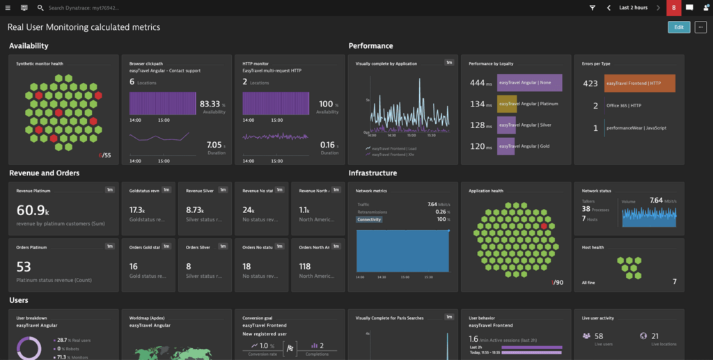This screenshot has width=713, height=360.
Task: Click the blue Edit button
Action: pos(679,27)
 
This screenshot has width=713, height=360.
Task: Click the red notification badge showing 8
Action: pos(673,8)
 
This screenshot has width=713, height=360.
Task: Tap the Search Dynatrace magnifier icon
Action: pos(40,8)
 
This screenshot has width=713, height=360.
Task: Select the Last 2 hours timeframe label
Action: pos(633,8)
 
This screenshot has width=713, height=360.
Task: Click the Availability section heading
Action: pos(29,46)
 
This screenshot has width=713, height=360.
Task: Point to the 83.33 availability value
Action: pos(210,104)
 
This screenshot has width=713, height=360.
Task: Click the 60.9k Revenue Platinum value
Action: pos(31,210)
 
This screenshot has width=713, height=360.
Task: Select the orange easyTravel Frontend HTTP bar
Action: pos(639,84)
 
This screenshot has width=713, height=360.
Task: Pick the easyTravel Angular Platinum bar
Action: pos(507,104)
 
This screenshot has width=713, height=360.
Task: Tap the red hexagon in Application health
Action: pos(544,226)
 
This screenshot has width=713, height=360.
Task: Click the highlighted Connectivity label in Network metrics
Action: pos(369,219)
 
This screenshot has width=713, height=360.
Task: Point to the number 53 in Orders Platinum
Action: pos(24,267)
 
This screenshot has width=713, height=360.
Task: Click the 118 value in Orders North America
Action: pos(305,267)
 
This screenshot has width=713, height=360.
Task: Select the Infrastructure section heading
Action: pos(373,173)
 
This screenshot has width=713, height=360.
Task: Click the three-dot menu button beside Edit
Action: pos(700,27)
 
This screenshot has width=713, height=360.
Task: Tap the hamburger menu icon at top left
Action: pos(8,8)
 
